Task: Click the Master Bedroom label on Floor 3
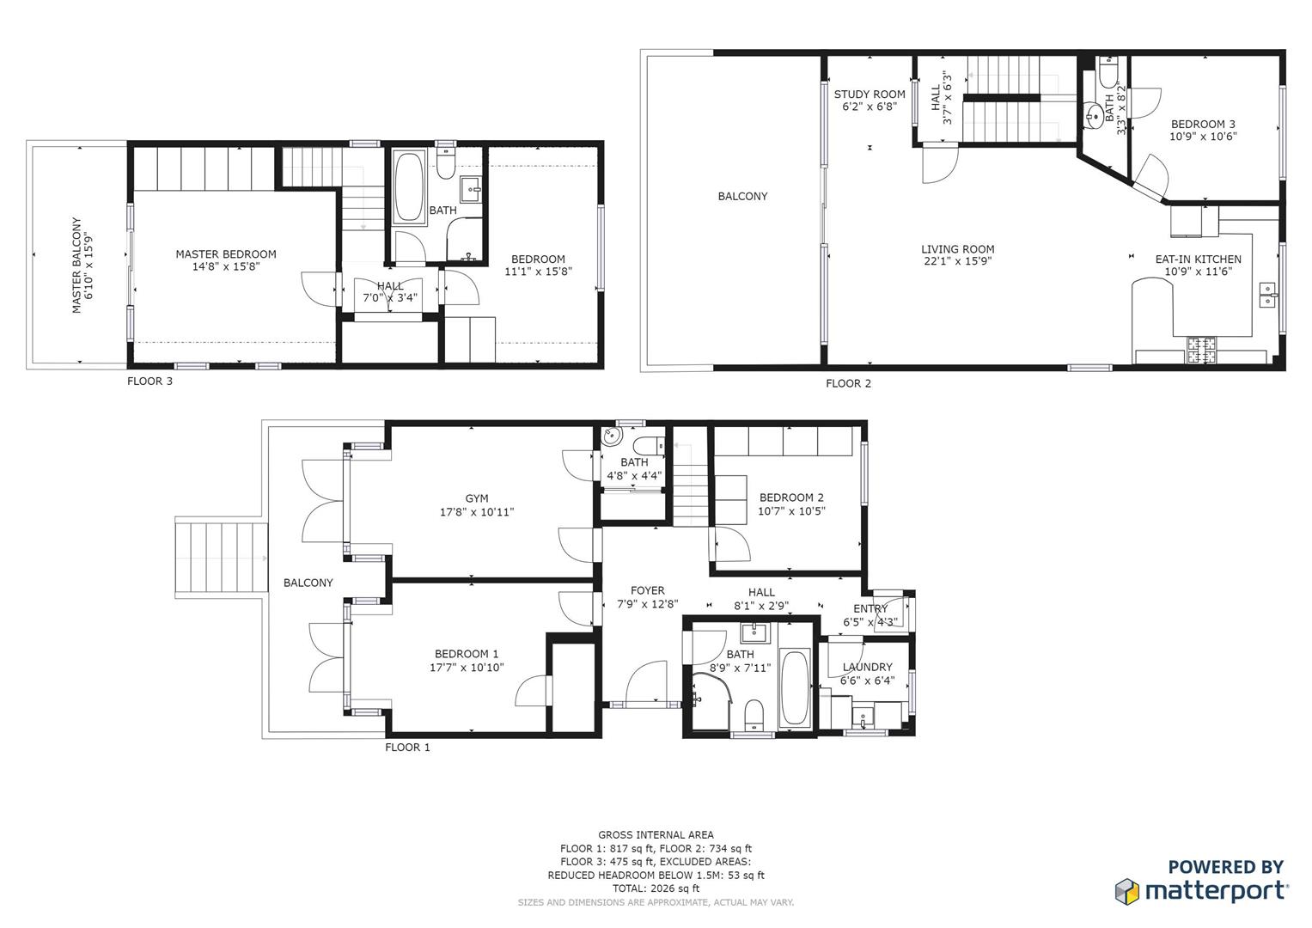[226, 254]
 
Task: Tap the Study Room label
[870, 95]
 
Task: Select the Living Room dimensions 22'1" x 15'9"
[958, 262]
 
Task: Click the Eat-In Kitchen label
[1198, 259]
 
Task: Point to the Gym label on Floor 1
[477, 498]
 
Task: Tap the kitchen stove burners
[1202, 349]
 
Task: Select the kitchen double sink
[1268, 294]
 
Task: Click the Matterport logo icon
[1127, 891]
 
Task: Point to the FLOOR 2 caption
[848, 383]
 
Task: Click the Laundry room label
[867, 667]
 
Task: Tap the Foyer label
[647, 590]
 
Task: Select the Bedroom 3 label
[1203, 125]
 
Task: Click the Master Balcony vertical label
[76, 265]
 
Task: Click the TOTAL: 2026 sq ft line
[656, 888]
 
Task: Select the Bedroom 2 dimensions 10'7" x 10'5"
[791, 511]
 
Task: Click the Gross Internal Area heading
[656, 834]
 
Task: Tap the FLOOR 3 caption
[150, 381]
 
